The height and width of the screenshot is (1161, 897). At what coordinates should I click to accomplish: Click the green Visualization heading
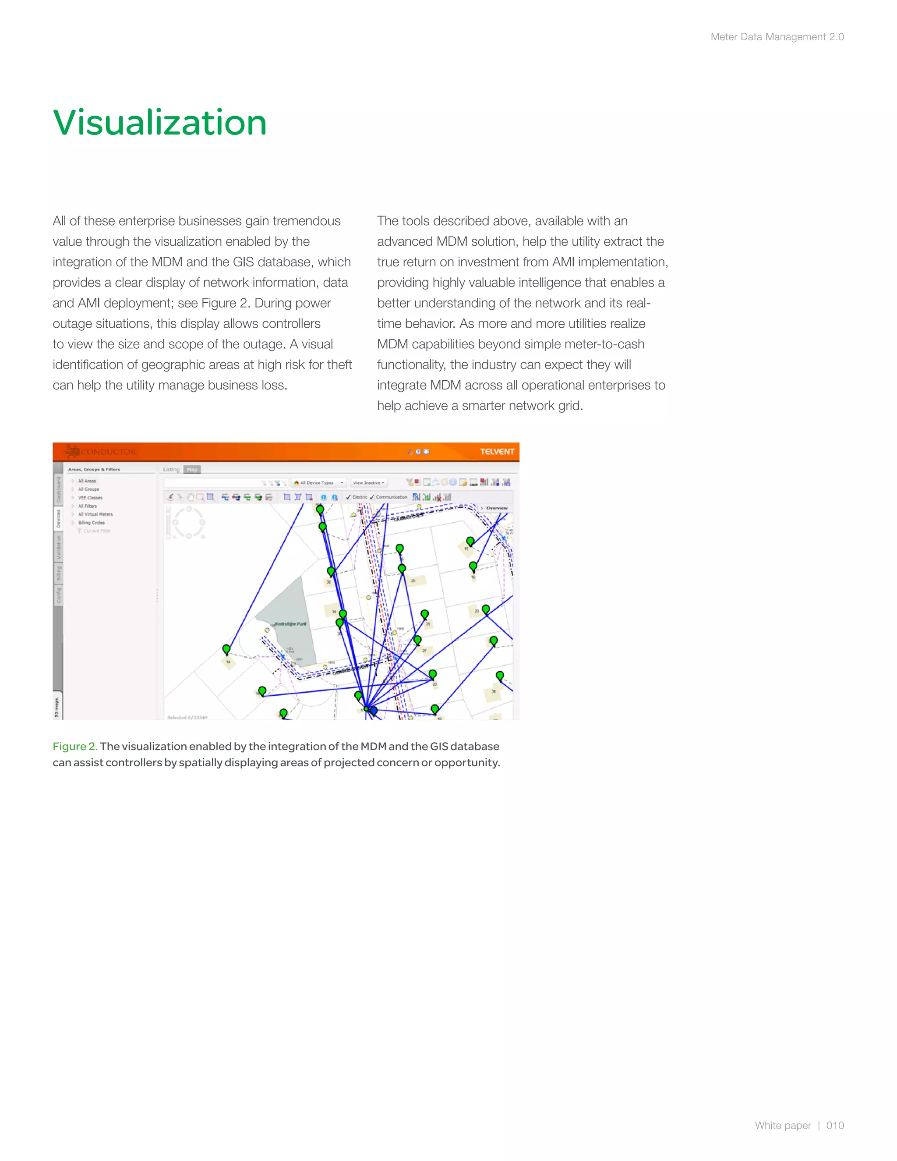[159, 123]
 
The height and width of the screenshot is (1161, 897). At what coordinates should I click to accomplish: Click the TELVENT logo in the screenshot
[497, 451]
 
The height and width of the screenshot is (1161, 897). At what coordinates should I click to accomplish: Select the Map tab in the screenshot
[192, 469]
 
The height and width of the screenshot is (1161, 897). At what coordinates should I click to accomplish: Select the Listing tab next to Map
[171, 469]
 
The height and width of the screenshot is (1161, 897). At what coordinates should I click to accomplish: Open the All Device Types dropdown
[319, 483]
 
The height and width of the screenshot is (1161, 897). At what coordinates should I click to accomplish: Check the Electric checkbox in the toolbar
[349, 497]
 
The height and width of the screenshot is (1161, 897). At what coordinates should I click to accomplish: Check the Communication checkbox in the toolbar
[372, 497]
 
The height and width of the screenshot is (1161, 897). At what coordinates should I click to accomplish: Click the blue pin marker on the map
[374, 710]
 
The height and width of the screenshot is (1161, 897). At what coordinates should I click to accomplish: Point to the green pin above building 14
[226, 649]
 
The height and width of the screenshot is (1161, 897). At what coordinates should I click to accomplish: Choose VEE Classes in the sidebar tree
[90, 498]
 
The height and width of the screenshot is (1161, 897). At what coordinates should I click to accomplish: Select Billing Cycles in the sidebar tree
[92, 523]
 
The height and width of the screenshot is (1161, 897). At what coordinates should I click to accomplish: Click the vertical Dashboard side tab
[58, 490]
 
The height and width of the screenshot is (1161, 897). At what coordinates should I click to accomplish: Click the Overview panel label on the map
[496, 508]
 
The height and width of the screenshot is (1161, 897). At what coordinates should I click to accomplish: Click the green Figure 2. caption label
[75, 747]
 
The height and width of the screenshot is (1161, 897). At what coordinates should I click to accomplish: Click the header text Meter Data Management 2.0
[777, 37]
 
